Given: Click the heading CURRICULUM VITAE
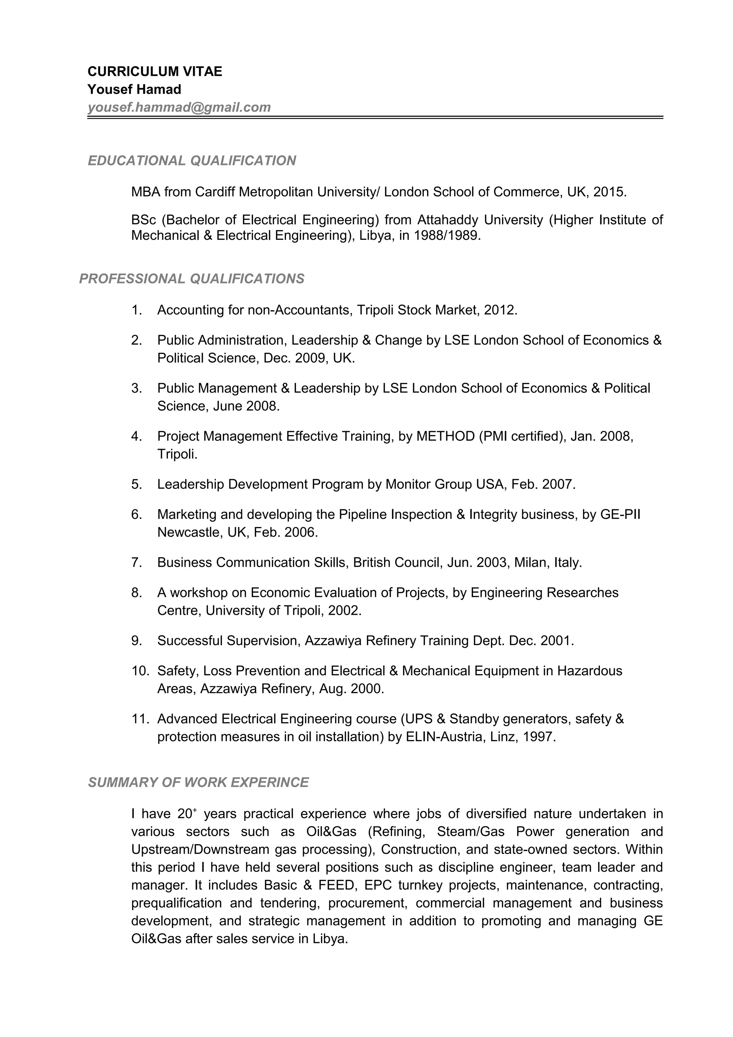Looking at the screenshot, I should (x=155, y=71).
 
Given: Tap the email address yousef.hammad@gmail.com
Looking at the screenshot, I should (x=179, y=107).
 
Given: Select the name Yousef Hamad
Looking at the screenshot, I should (x=134, y=89).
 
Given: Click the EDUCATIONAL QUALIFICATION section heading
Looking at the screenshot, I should (x=191, y=160).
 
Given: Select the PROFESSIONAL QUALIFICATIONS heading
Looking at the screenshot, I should (x=191, y=279).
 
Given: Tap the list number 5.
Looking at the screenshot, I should (x=136, y=485).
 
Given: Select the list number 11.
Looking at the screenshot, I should (x=140, y=719).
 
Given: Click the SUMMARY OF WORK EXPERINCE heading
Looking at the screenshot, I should (x=198, y=782).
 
